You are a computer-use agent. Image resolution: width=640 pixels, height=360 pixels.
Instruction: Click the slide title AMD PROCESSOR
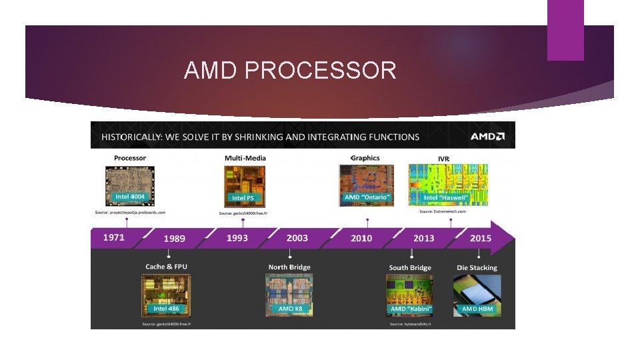coord(290,70)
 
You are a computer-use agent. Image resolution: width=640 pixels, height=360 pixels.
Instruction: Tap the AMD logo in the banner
coord(487,137)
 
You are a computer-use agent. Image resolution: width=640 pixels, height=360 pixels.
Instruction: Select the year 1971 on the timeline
coord(113,237)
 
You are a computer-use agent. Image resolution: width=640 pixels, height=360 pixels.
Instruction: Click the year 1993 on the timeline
coord(237,238)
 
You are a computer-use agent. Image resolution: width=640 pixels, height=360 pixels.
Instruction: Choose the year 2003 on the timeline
coord(297,238)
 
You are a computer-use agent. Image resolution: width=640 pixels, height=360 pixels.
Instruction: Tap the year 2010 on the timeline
coord(361,238)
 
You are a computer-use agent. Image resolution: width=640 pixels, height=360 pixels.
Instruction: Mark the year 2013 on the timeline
coord(423,238)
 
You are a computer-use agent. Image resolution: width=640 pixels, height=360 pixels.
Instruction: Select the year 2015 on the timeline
coord(480,238)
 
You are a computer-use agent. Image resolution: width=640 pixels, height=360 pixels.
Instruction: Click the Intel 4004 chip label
coord(130,197)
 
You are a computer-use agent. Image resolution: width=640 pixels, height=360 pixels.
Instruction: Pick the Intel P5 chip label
coord(243,198)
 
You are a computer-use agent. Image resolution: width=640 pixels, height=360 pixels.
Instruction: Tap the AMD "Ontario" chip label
coord(366,197)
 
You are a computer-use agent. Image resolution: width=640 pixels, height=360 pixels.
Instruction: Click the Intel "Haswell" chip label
coord(447,197)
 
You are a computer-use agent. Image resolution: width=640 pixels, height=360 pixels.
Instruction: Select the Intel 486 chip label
coord(166,309)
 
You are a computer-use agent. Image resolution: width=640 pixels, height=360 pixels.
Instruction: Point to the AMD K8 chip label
coord(289,309)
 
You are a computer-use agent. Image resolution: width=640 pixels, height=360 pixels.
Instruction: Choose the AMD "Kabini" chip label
coord(411,309)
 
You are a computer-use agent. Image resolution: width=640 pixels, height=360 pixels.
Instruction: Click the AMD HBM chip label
coord(477,309)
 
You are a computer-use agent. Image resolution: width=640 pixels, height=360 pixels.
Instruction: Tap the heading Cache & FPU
coord(166,267)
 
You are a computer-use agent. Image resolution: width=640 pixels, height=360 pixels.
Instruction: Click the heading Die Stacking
coord(477,268)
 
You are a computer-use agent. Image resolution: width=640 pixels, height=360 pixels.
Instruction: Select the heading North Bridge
coord(289,267)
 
